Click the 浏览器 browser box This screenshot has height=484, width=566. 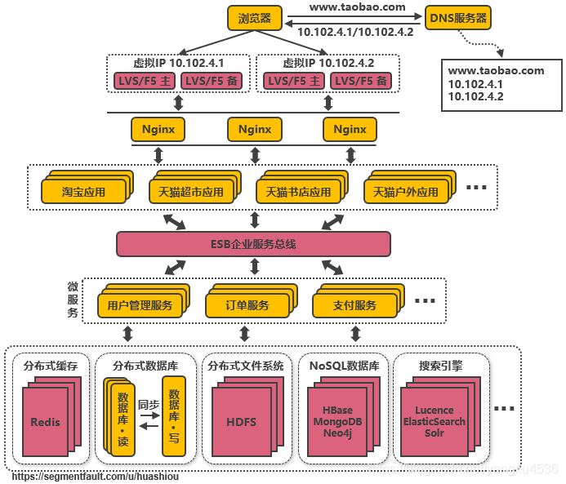click(x=254, y=18)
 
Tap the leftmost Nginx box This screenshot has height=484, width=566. click(x=158, y=129)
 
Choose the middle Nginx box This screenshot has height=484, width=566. click(x=254, y=129)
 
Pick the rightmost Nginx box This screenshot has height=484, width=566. click(x=350, y=129)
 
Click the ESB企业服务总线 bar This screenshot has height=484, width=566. click(x=253, y=244)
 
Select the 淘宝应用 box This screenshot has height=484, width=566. click(x=83, y=193)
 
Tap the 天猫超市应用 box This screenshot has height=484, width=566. click(x=189, y=193)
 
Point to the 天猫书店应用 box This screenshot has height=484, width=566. click(x=298, y=193)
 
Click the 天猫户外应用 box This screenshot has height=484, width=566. click(x=405, y=193)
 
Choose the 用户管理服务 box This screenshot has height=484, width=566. click(x=139, y=305)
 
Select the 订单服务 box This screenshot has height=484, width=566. click(x=247, y=305)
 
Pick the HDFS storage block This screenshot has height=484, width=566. click(x=241, y=422)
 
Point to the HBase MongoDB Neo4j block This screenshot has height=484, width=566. click(x=337, y=421)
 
